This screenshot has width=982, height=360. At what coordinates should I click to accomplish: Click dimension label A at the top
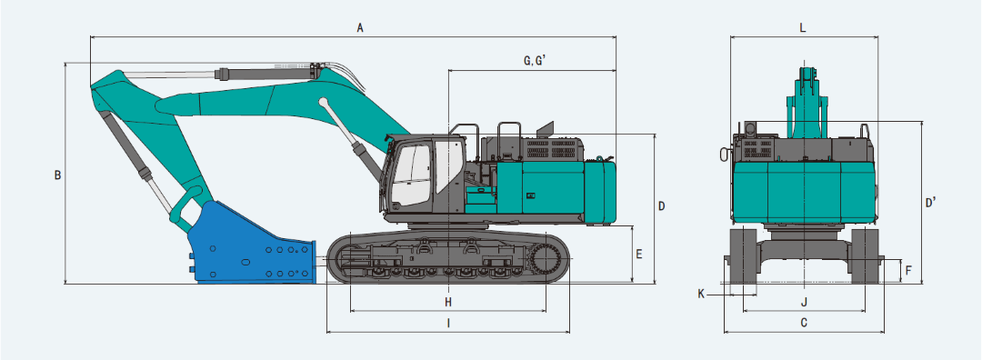360,27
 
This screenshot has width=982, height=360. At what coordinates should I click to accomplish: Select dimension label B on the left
57,175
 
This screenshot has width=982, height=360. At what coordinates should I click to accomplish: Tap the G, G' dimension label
536,61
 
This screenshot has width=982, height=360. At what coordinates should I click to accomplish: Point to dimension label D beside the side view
661,205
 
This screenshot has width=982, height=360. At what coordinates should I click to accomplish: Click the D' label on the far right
931,202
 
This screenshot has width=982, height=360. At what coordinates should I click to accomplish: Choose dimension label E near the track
639,255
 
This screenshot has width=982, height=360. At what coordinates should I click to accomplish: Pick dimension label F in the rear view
908,272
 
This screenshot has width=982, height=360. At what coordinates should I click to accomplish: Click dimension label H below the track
448,303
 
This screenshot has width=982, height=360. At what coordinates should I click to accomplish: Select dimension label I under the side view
448,323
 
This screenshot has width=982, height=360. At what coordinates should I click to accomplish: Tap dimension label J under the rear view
804,303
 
